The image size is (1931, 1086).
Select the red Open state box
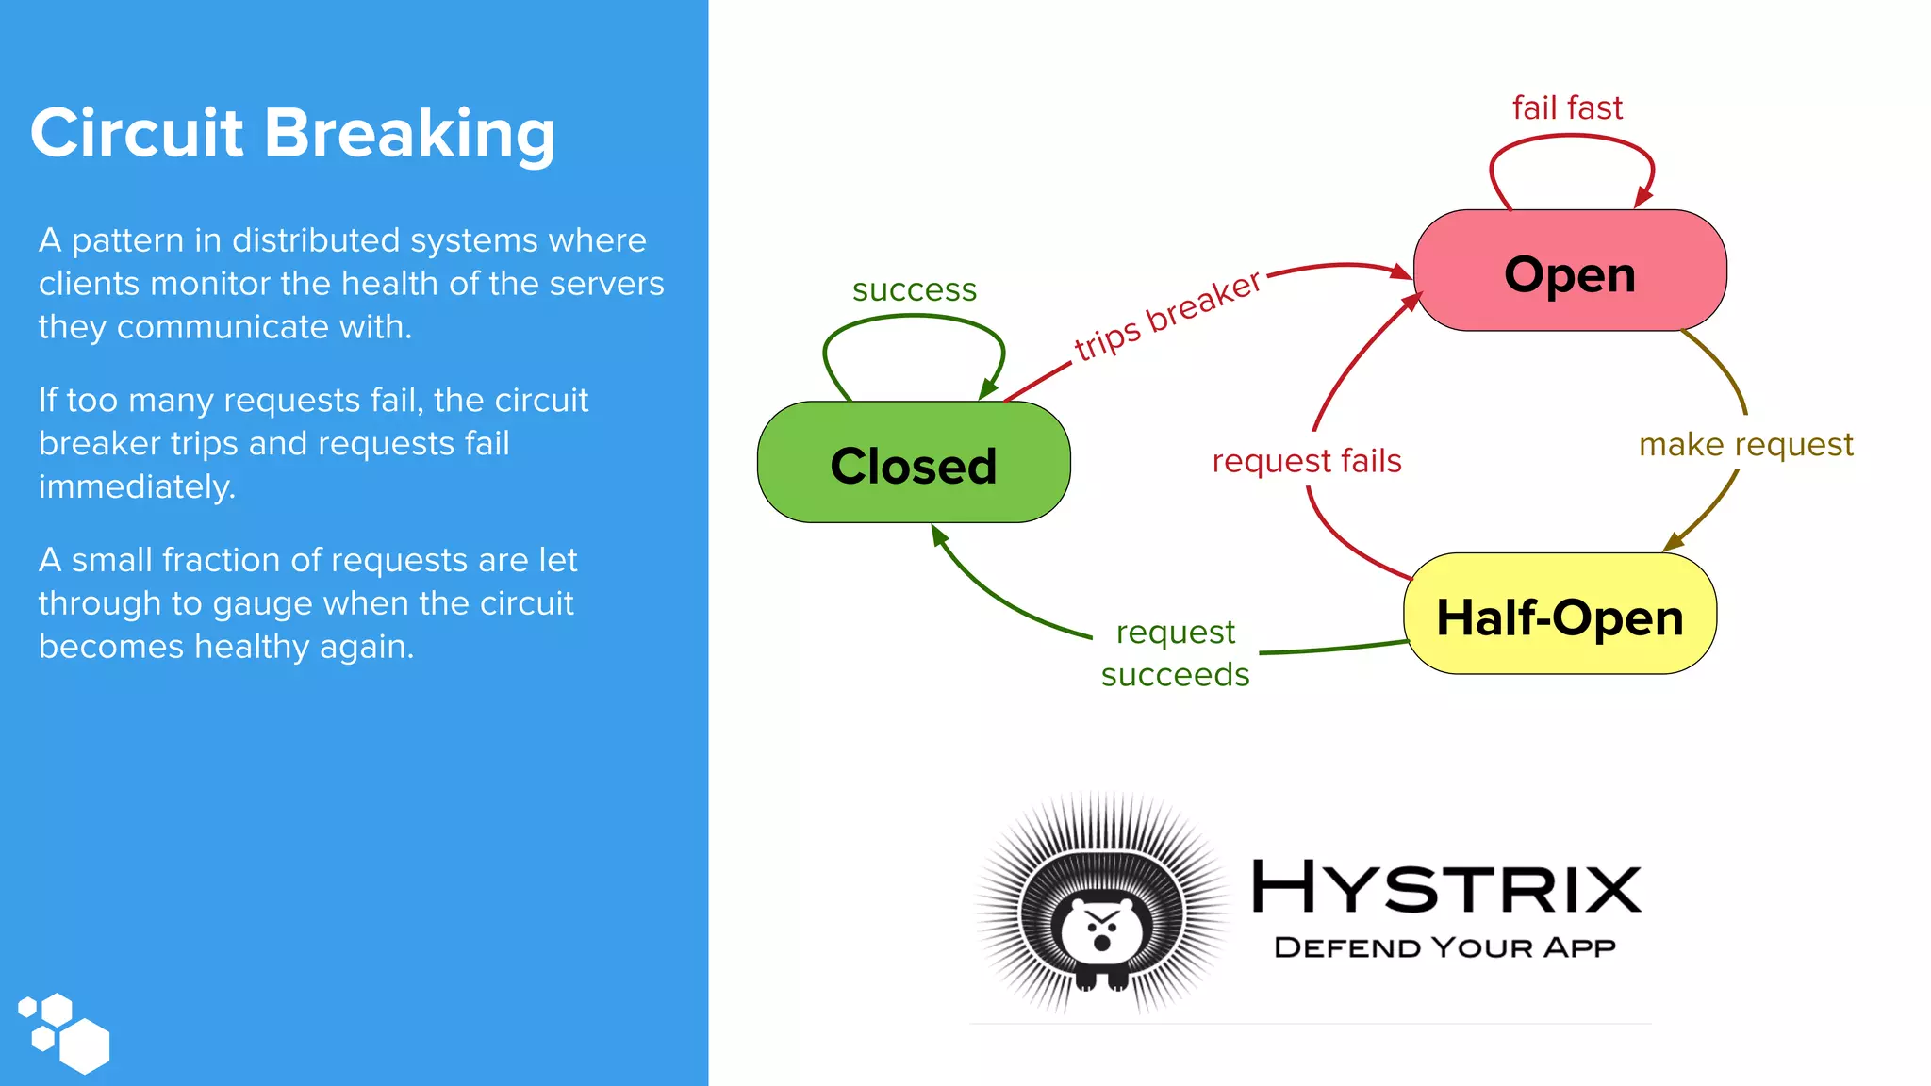click(x=1569, y=272)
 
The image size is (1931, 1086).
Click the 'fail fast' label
click(x=1567, y=107)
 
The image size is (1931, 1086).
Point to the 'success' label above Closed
click(x=914, y=289)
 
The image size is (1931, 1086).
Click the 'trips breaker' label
click(x=1167, y=315)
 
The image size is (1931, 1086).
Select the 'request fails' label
click(x=1306, y=461)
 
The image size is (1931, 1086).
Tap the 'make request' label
click(x=1745, y=444)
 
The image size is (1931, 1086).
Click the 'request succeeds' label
click(x=1175, y=652)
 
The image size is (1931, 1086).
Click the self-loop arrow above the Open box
click(x=1571, y=138)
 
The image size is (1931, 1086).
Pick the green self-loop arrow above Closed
click(x=913, y=318)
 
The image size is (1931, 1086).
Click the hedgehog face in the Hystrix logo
click(x=1101, y=930)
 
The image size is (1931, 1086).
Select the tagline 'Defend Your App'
click(x=1444, y=947)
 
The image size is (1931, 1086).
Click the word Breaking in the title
click(x=409, y=133)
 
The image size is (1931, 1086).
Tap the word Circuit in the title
click(x=137, y=133)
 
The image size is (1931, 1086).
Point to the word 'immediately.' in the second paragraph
click(x=137, y=486)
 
